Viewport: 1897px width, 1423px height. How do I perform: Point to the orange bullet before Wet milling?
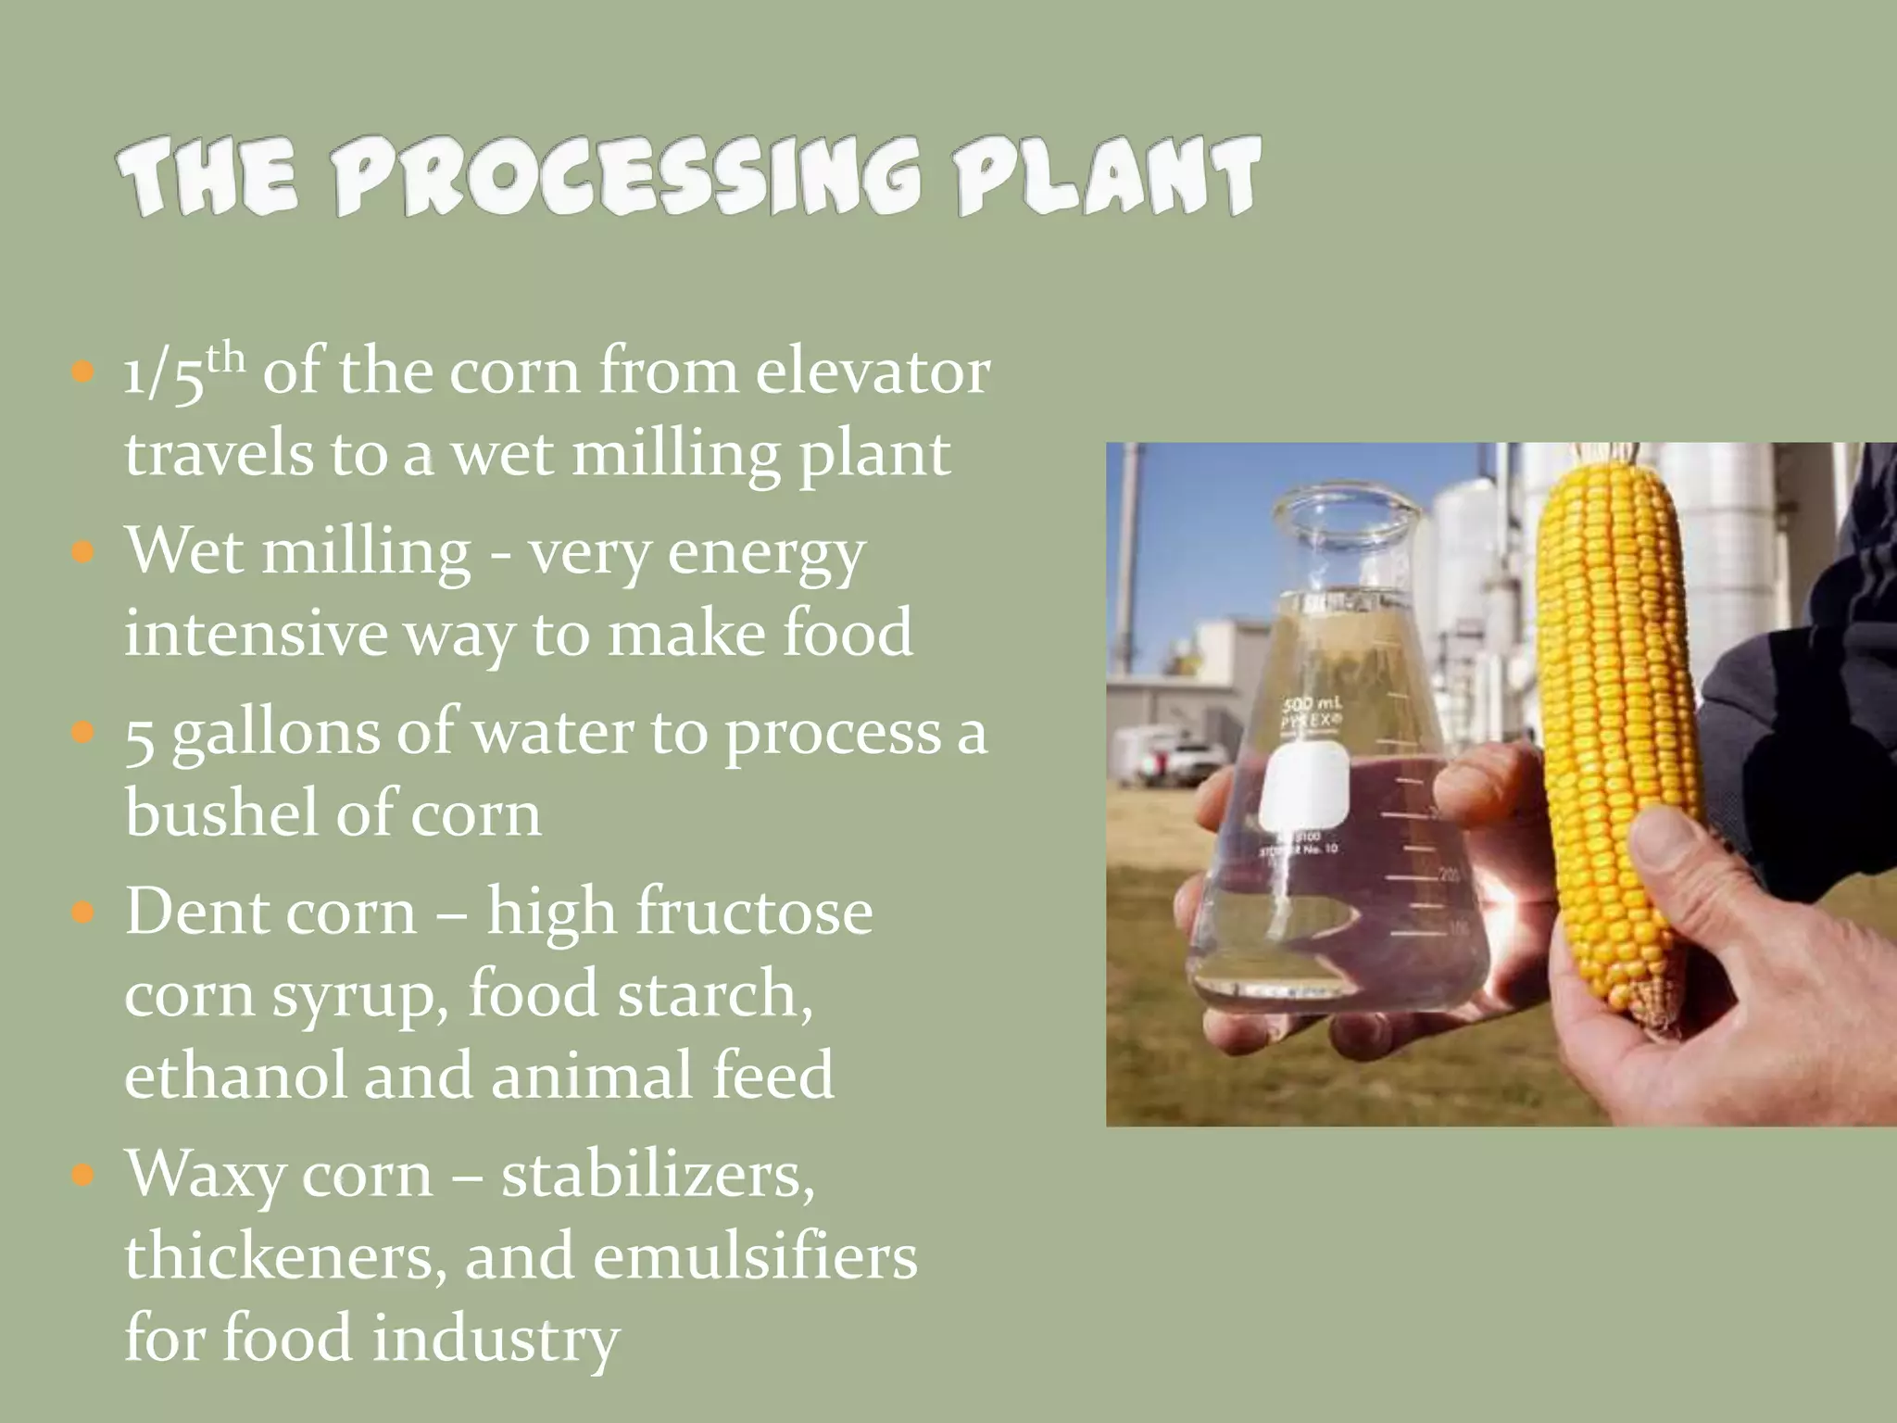click(x=83, y=554)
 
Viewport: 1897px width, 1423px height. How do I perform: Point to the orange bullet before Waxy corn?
click(x=83, y=1177)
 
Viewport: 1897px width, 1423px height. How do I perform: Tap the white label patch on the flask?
click(x=1301, y=787)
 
